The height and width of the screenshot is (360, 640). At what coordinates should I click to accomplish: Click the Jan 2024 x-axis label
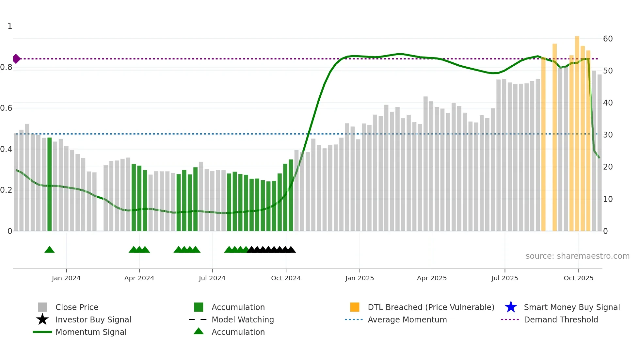(66, 278)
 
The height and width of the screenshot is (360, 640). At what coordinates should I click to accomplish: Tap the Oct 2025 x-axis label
(578, 278)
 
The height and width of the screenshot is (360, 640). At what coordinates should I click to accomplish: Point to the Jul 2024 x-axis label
(212, 278)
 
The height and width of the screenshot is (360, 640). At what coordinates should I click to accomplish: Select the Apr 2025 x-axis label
(432, 278)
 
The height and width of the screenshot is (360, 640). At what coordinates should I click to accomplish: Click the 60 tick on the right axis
(608, 39)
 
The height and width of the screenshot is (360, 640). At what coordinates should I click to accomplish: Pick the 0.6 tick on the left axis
(6, 108)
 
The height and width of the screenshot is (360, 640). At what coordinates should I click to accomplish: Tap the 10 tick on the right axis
(608, 199)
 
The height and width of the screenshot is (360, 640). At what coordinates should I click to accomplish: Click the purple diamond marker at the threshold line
(16, 59)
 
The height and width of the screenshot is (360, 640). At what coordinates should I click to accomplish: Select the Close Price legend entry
(77, 307)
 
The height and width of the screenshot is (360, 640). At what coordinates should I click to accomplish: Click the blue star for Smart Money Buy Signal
(511, 307)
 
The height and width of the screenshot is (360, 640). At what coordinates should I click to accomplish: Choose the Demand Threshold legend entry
(561, 319)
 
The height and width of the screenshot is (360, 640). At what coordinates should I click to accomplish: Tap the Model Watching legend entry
(243, 319)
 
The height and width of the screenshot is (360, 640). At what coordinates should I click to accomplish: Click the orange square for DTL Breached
(355, 307)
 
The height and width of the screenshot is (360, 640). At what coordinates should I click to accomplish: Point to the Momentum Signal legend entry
(91, 332)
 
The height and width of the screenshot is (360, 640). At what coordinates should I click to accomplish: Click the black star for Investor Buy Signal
(42, 319)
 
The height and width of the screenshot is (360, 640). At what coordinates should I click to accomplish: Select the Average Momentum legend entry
(407, 319)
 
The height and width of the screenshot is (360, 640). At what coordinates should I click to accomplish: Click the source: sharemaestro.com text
(577, 256)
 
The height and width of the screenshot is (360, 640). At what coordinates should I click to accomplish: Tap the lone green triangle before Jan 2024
(50, 250)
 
